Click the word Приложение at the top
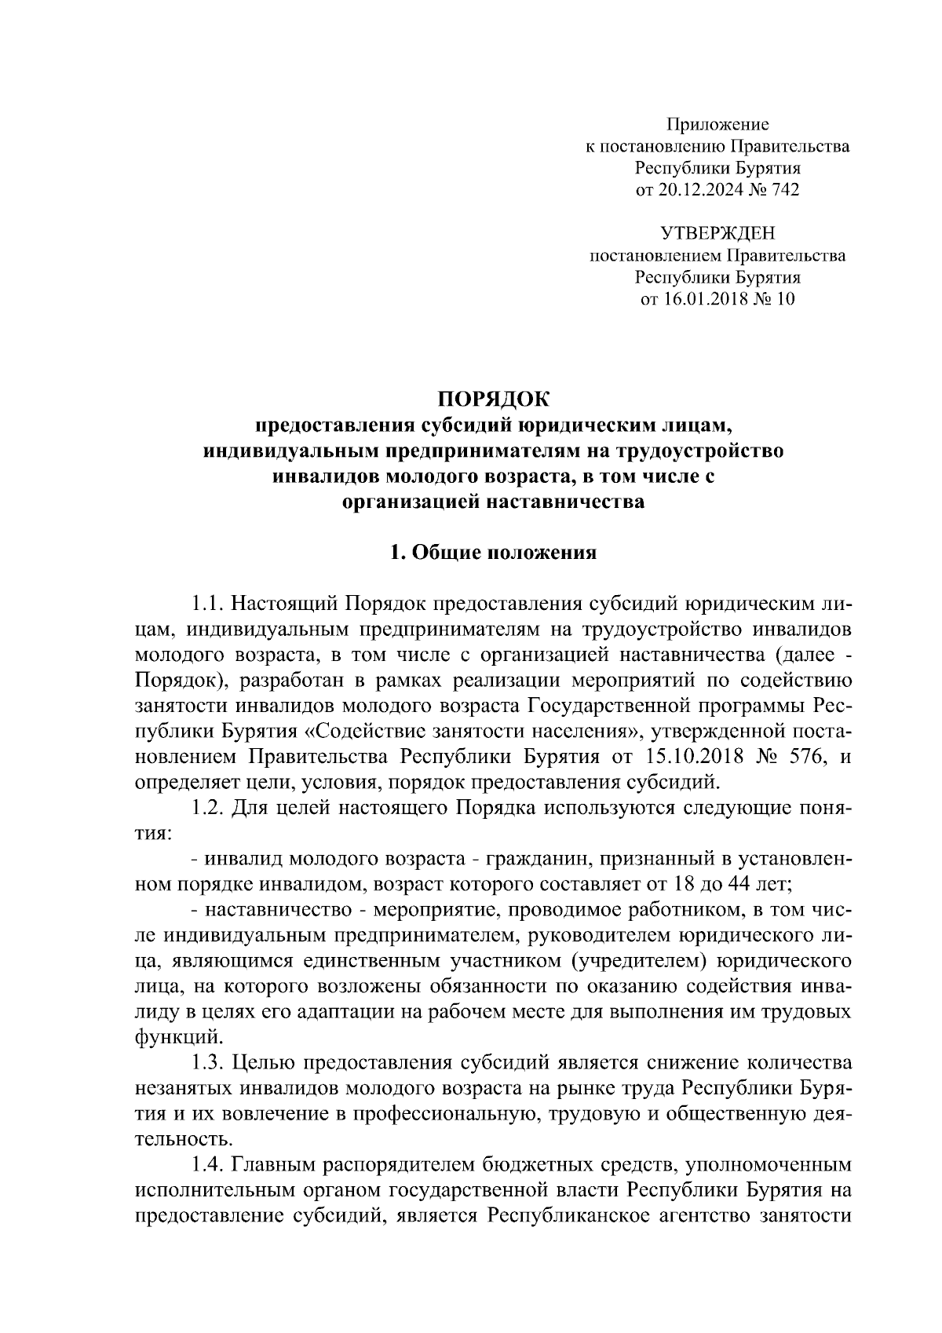click(717, 124)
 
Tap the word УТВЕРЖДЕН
click(717, 233)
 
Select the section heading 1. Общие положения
click(494, 553)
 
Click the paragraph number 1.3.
click(208, 1063)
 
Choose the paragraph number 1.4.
click(208, 1165)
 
